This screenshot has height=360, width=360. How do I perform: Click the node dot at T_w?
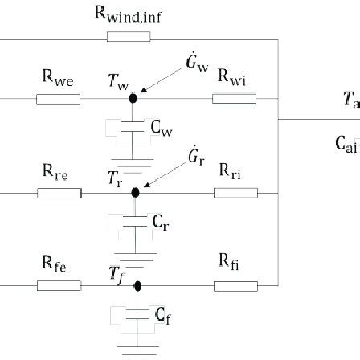(x=133, y=99)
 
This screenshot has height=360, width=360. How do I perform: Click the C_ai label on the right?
(x=345, y=144)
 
